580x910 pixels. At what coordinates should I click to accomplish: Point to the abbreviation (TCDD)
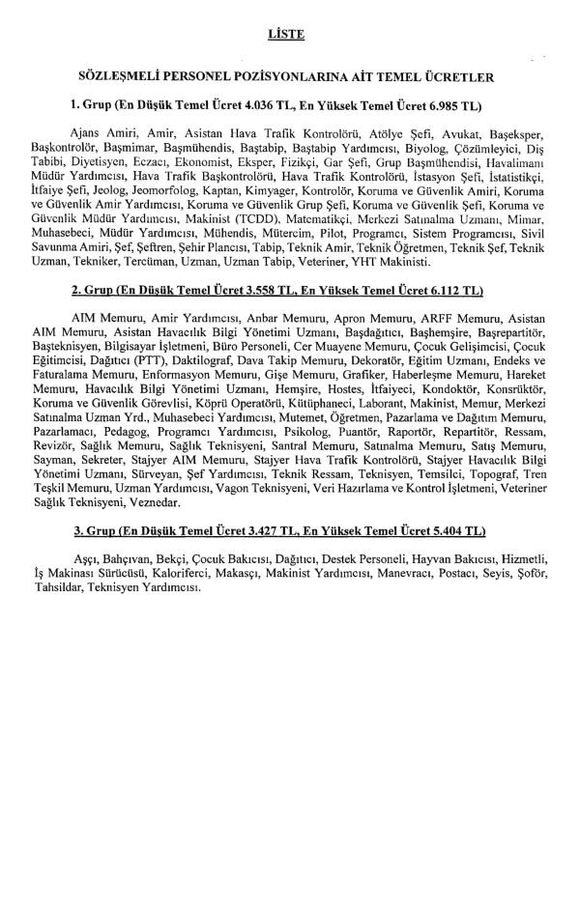point(253,218)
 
